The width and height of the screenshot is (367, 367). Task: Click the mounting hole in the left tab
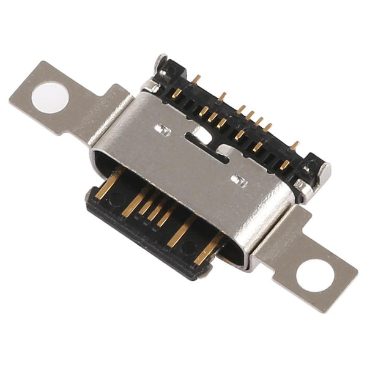50,97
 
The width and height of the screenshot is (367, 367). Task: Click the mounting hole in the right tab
316,275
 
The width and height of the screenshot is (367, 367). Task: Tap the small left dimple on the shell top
163,129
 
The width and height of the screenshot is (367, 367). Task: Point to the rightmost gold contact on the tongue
208,247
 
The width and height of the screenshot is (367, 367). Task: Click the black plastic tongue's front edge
141,245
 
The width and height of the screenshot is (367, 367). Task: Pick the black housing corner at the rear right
316,168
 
